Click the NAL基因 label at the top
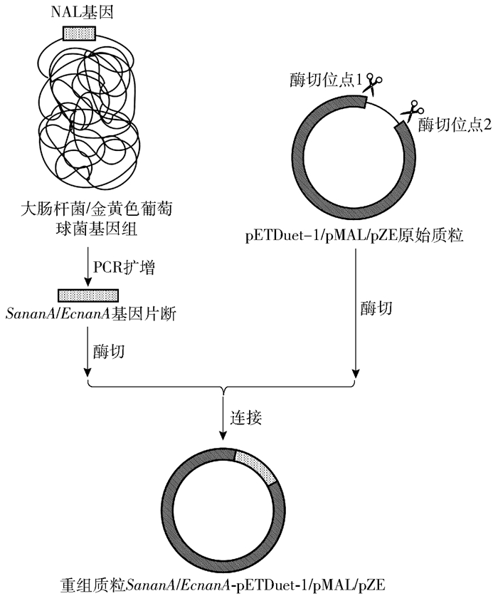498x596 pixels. click(79, 12)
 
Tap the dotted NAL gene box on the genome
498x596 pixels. click(79, 33)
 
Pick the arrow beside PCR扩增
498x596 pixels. click(87, 266)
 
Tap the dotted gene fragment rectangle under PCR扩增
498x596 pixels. click(88, 294)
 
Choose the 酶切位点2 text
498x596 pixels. click(455, 125)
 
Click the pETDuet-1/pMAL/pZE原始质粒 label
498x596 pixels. click(353, 234)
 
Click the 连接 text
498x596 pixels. click(246, 418)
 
